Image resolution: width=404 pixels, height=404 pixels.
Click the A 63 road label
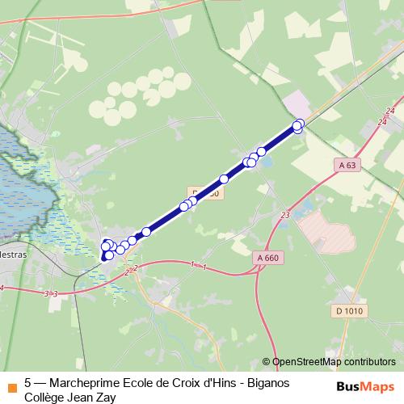click(x=347, y=165)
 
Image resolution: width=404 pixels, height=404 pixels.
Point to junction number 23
click(x=285, y=215)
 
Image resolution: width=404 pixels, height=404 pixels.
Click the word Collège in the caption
click(x=45, y=397)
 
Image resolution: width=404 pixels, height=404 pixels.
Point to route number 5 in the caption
click(x=28, y=382)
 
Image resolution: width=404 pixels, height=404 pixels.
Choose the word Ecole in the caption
click(x=145, y=382)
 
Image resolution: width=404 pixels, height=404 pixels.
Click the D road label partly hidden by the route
click(x=205, y=194)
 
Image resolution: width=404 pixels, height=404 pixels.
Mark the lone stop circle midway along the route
click(x=224, y=179)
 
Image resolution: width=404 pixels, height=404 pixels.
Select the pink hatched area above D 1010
click(x=327, y=227)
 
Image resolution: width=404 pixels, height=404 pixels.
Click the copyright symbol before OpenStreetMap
click(x=267, y=362)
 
